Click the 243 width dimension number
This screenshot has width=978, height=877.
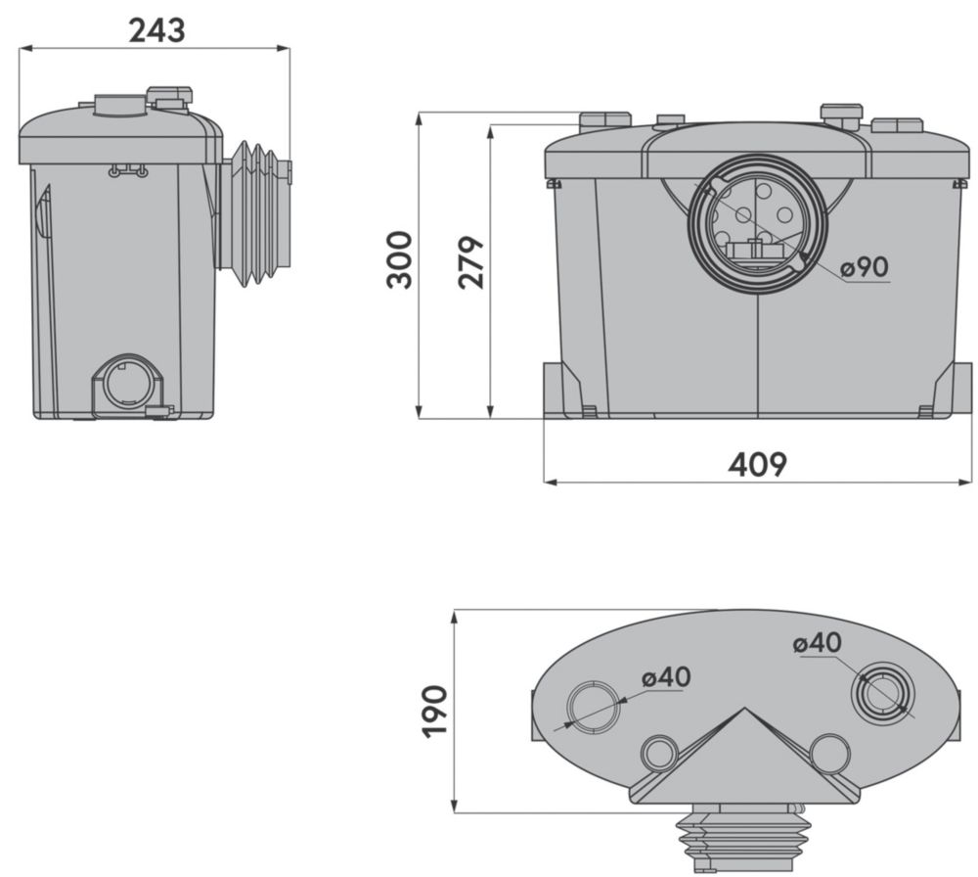(156, 30)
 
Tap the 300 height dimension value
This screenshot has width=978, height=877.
(400, 259)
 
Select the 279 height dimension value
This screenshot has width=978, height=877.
(471, 262)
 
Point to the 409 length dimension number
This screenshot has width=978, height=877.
(758, 464)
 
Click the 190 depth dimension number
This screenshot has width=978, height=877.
(435, 713)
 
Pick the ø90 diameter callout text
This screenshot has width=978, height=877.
(864, 267)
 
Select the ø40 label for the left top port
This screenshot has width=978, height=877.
(666, 677)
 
